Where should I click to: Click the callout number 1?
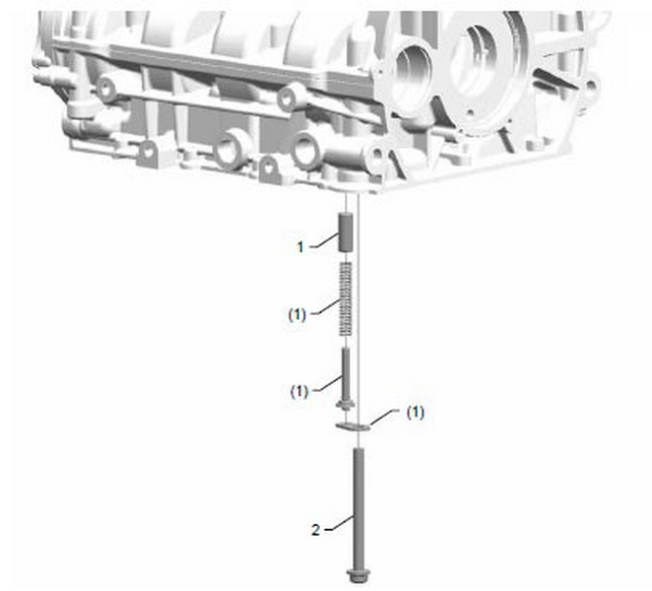click(300, 247)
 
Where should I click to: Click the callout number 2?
click(316, 530)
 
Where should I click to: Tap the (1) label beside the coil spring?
click(297, 314)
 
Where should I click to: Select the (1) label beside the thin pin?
click(299, 391)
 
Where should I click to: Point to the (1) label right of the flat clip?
click(416, 413)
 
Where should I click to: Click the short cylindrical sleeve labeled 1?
click(346, 231)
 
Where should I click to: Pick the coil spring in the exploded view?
click(346, 298)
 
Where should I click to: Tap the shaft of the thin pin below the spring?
click(346, 374)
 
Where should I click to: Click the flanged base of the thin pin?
click(346, 404)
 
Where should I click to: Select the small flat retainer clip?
click(353, 426)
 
